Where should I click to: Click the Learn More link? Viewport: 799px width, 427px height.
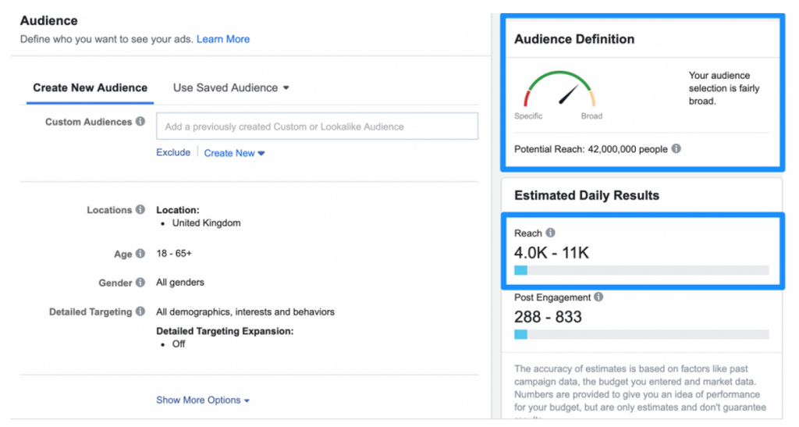223,39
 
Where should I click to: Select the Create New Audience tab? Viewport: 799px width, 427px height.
90,87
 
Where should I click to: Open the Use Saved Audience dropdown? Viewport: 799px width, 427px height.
231,87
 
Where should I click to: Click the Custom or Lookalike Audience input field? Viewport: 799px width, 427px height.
317,126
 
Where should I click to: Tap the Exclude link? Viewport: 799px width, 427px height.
173,153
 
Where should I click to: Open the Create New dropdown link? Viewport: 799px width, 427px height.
234,153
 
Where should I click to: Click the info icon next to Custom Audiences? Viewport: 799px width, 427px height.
140,122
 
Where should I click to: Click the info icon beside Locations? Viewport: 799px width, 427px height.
140,210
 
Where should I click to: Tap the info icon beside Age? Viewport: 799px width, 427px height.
140,254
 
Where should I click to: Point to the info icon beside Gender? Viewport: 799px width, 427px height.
140,283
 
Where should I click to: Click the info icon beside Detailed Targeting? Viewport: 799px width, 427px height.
140,311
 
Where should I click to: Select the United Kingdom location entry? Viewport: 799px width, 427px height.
206,223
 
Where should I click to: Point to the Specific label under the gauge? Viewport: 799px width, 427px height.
528,116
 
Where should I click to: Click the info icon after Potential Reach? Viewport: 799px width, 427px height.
676,148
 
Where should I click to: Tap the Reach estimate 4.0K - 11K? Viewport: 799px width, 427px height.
552,252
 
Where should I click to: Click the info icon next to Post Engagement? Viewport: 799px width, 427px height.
598,297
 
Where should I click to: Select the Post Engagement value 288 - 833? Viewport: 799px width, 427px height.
548,317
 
